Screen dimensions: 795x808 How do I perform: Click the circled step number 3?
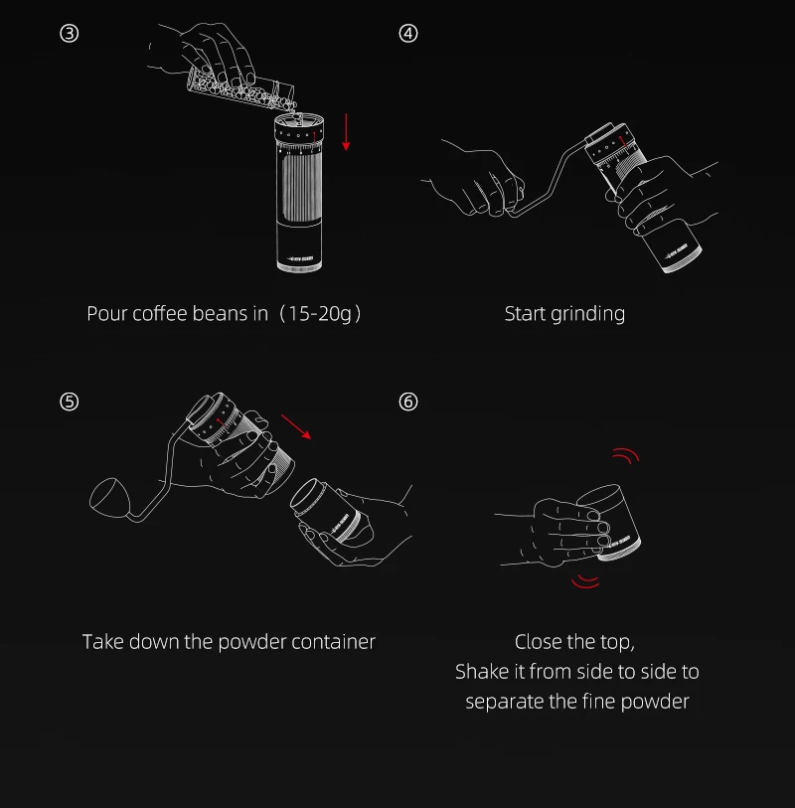[x=69, y=34]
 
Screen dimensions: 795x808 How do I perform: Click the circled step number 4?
[x=408, y=34]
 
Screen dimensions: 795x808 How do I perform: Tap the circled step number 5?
[x=69, y=402]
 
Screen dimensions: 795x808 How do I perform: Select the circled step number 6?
[x=408, y=402]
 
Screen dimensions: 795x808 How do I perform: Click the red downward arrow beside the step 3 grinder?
[x=346, y=132]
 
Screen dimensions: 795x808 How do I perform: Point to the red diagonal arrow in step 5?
[x=296, y=426]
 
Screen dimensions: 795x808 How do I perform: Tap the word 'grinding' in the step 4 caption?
[x=587, y=314]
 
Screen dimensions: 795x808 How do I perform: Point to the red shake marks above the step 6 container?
[x=626, y=455]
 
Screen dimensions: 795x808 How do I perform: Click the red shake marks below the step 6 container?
[x=586, y=581]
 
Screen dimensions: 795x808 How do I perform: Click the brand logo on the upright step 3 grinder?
[x=300, y=258]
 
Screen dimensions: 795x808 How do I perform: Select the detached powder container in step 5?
[x=330, y=511]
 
